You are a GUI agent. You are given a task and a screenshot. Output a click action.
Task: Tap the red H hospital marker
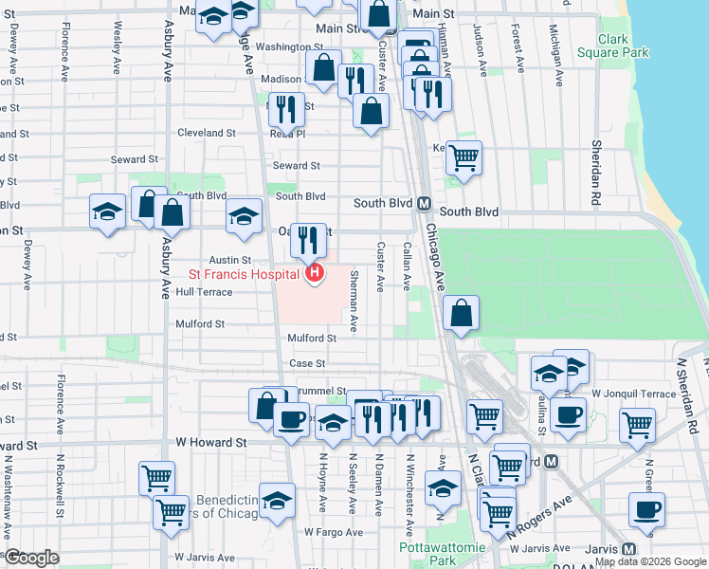314,275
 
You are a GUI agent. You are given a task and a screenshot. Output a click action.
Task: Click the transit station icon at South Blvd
425,203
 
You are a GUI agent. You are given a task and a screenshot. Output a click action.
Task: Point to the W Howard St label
211,442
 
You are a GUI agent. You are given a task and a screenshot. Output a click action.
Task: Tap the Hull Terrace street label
204,293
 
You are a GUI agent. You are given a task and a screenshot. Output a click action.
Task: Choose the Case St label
307,363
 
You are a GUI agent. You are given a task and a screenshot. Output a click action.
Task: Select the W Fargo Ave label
334,533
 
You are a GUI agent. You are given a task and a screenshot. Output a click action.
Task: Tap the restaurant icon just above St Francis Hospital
308,240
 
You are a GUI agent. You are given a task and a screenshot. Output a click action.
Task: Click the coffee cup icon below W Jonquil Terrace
569,414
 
